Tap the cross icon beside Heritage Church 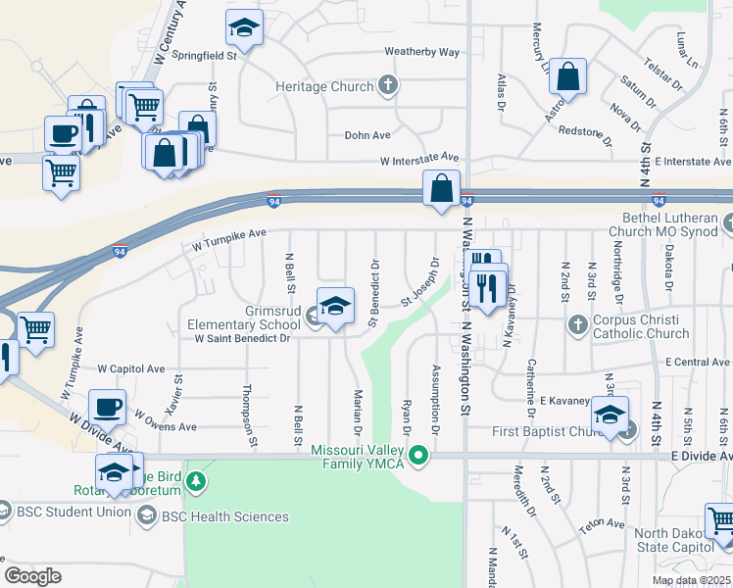(388, 85)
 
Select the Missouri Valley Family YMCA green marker (419, 455)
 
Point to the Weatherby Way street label (421, 52)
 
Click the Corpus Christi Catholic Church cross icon (579, 324)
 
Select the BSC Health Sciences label (240, 516)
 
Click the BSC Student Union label (73, 511)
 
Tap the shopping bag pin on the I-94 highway (441, 187)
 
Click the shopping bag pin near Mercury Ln (568, 75)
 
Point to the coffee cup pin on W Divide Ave (107, 406)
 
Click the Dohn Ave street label (367, 135)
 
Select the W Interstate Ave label (419, 158)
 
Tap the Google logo (32, 576)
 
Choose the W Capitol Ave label (131, 368)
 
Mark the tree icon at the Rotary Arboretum (197, 481)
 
